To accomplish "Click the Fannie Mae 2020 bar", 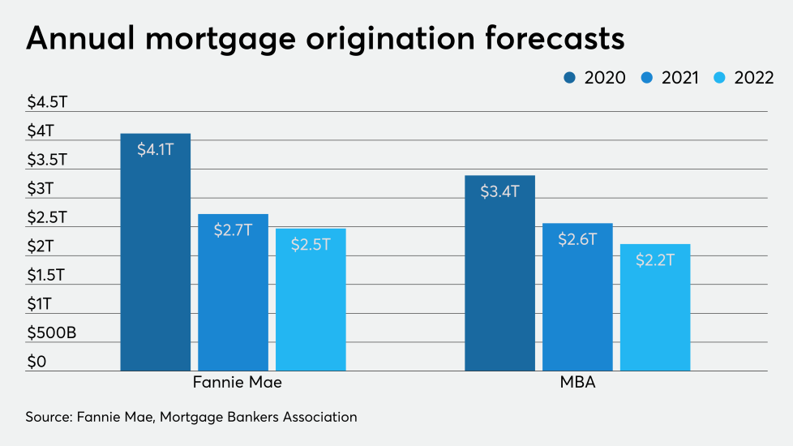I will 156,251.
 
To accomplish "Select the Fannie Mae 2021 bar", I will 233,292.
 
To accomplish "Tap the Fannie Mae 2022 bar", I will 311,299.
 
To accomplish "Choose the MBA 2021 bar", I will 577,297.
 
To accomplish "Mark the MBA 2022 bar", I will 654,307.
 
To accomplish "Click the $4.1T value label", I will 156,150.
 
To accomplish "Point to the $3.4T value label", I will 499,192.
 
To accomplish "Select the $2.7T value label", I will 233,230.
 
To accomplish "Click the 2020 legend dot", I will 569,78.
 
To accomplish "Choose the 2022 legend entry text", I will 754,78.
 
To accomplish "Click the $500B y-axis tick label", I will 51,332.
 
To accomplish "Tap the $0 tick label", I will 37,362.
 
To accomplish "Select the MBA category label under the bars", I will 577,383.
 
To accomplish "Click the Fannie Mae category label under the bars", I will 233,383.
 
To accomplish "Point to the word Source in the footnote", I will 48,417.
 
